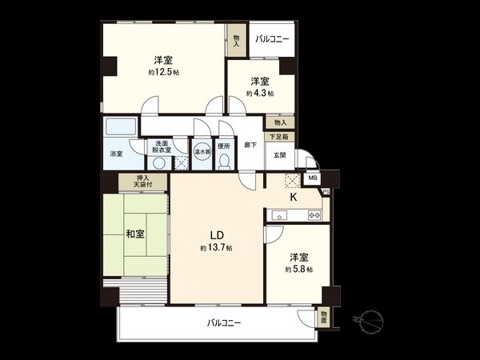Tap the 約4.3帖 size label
pyautogui.click(x=259, y=94)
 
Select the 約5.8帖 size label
pyautogui.click(x=298, y=270)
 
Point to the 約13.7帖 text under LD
pyautogui.click(x=216, y=249)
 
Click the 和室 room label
pyautogui.click(x=134, y=234)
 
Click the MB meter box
pyautogui.click(x=314, y=178)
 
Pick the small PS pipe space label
pyautogui.click(x=326, y=191)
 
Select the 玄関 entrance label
pyautogui.click(x=280, y=155)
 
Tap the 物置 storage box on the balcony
pyautogui.click(x=322, y=318)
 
